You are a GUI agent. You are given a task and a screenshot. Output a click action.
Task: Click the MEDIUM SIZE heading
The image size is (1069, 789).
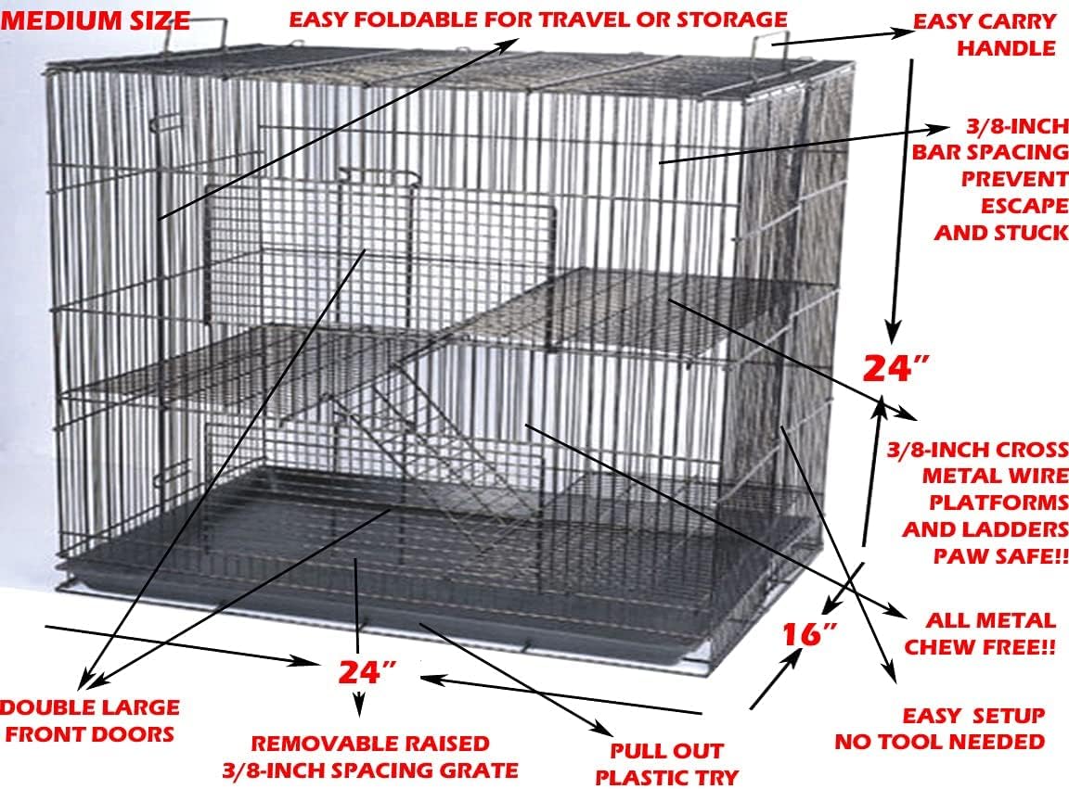[x=96, y=19]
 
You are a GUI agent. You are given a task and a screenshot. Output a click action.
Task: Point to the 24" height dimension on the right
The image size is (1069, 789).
[x=896, y=368]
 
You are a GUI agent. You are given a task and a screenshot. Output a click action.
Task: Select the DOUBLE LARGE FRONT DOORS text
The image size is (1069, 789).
[x=90, y=720]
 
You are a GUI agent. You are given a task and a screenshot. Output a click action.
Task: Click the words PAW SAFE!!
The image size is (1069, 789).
[x=1000, y=556]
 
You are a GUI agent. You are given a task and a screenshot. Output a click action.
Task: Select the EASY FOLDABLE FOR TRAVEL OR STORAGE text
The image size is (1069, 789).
[x=537, y=19]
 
